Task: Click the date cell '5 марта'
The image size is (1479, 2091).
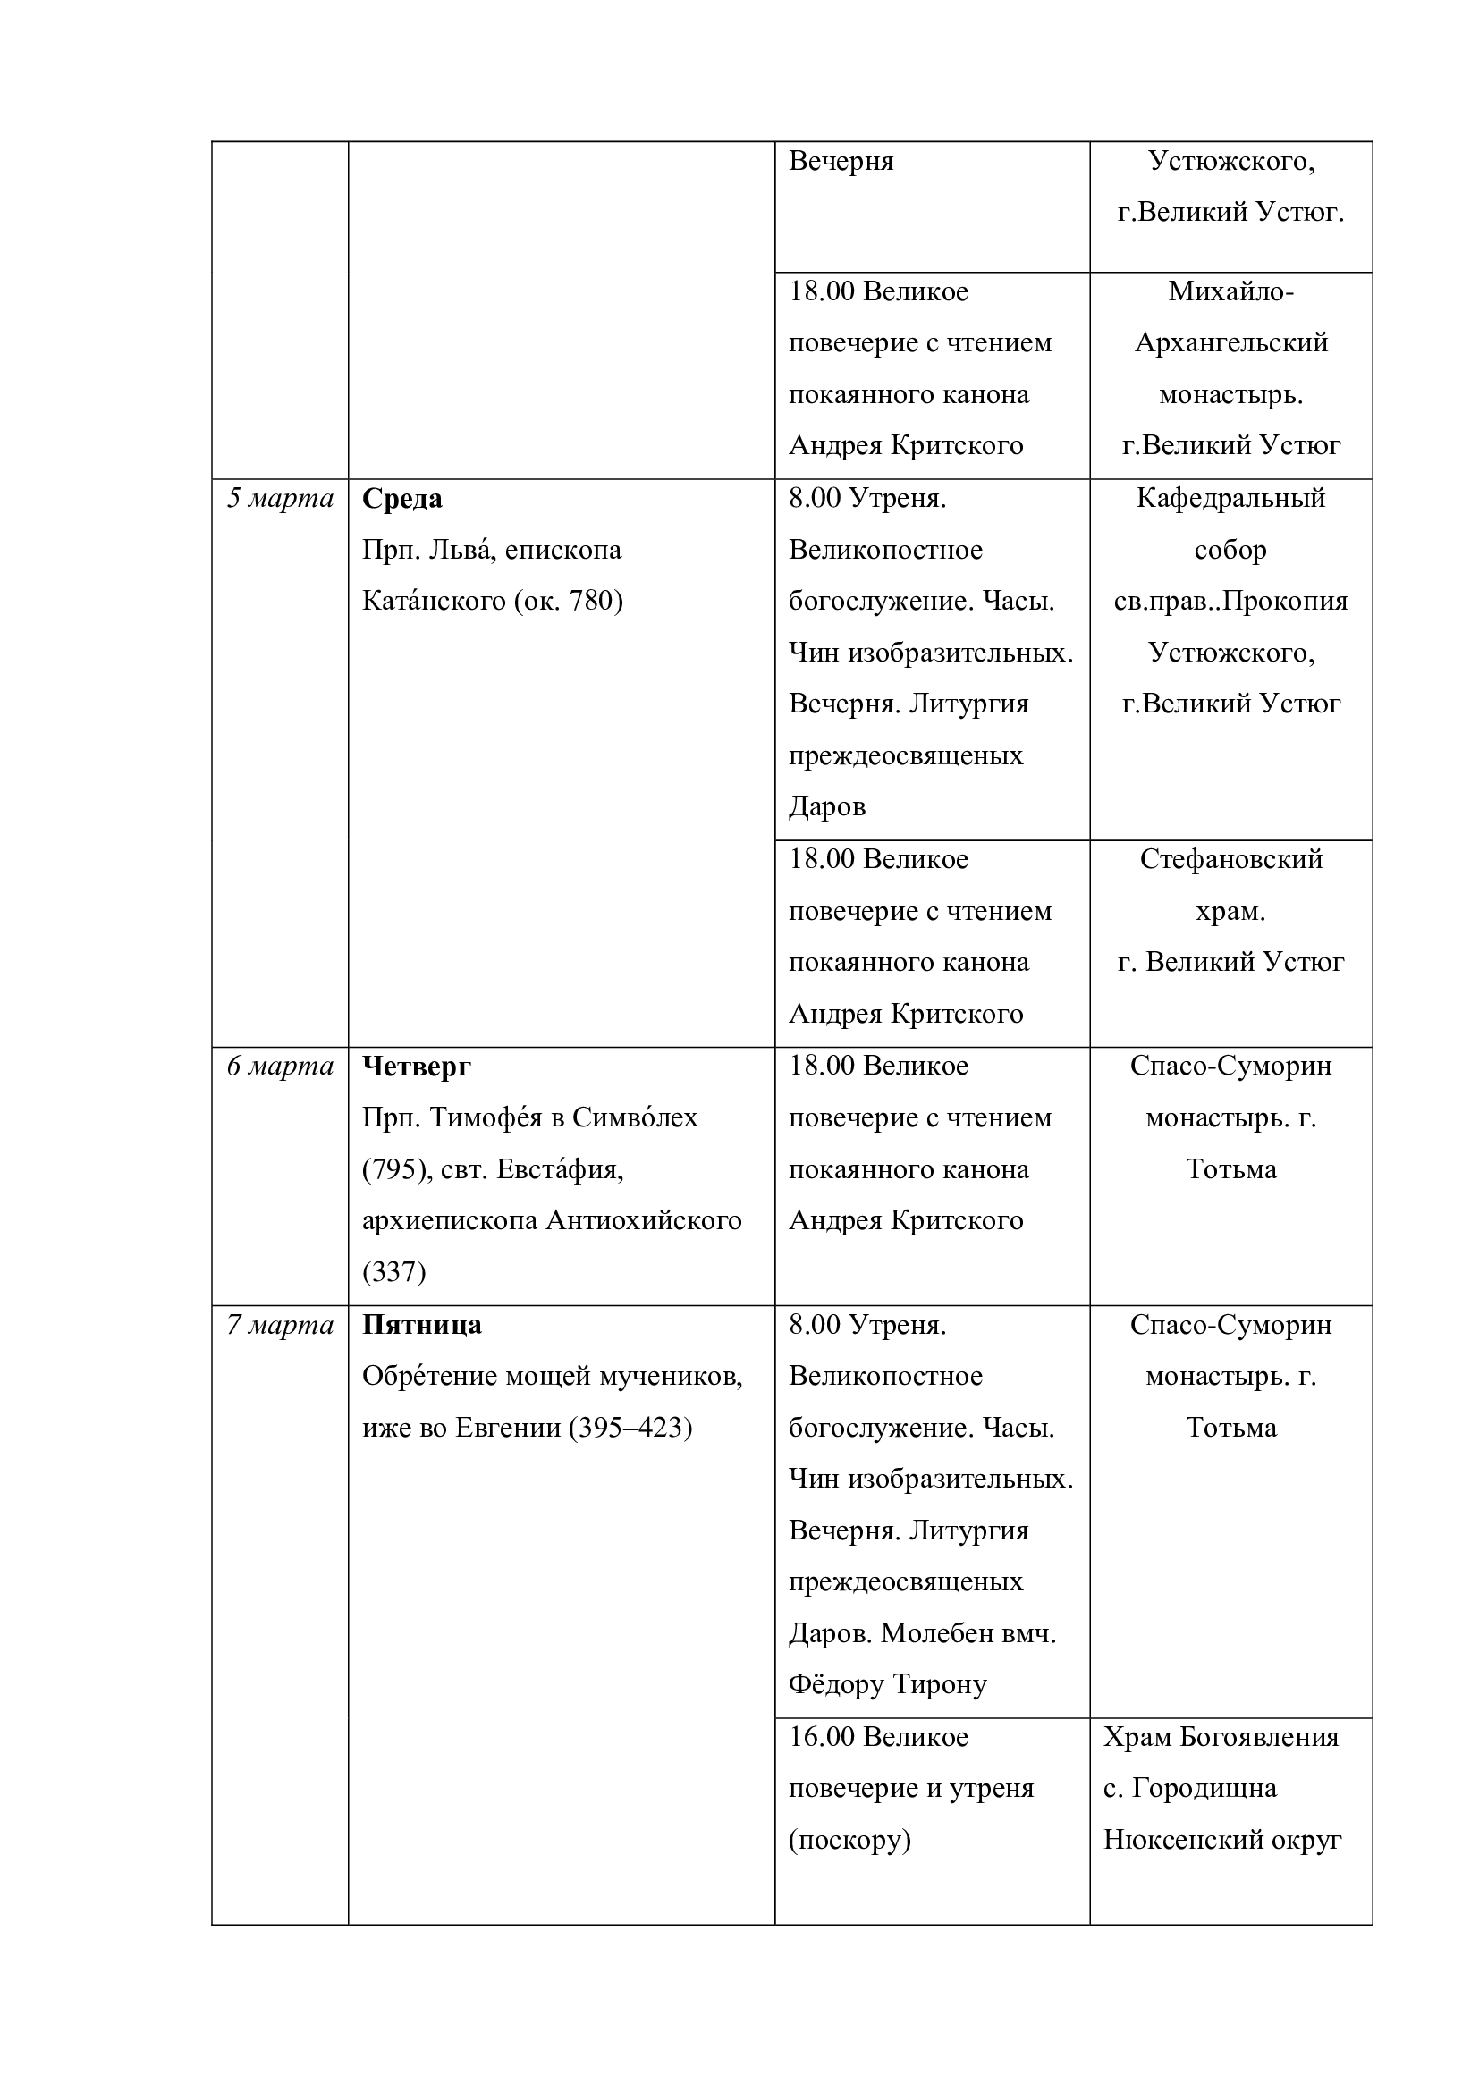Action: coord(280,499)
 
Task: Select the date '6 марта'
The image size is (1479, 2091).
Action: coord(280,1067)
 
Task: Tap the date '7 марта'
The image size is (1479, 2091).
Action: coord(280,1325)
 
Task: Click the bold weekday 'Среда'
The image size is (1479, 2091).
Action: coord(401,499)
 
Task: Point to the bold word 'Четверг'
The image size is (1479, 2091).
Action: coord(416,1067)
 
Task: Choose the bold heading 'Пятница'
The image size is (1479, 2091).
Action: coord(422,1325)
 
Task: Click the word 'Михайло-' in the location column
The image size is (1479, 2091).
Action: coord(1230,291)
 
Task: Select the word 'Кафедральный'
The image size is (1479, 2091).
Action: coord(1230,499)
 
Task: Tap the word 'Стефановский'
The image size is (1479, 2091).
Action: coord(1230,860)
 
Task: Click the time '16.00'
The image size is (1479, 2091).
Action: coord(822,1738)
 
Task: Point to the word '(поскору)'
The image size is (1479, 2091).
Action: coord(849,1841)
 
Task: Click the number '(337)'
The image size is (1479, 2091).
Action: coord(393,1272)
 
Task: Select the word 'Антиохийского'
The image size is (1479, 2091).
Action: coord(643,1221)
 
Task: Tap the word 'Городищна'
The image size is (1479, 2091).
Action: coord(1204,1789)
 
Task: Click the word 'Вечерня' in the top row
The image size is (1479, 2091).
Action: coord(841,161)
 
